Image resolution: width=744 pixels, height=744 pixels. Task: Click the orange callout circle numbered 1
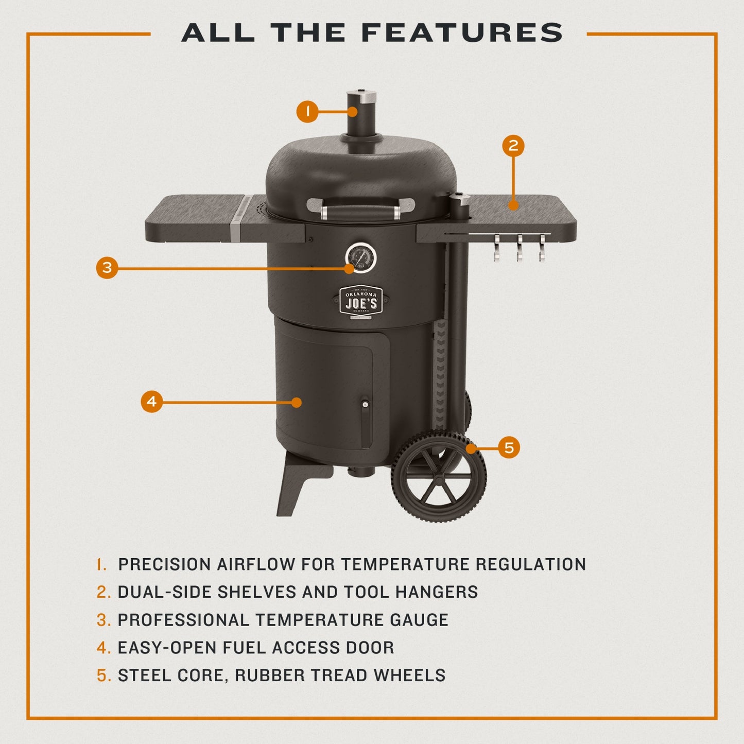307,112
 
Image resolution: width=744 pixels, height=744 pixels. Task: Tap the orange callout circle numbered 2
513,146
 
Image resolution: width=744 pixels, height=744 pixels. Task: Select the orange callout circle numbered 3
107,268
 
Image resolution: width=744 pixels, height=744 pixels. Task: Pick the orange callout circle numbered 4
151,402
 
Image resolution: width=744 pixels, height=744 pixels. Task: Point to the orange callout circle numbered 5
509,447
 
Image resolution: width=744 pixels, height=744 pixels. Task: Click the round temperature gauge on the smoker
360,256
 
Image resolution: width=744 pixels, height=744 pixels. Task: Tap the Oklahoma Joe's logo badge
361,301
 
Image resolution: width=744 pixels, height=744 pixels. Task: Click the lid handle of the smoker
361,210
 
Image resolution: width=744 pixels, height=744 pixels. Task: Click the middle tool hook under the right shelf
520,247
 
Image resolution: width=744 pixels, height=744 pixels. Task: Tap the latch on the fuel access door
365,405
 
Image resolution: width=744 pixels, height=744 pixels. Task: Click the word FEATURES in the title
462,33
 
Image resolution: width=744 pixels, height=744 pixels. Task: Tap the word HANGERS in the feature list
437,592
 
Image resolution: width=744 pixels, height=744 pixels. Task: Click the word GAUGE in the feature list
419,620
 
